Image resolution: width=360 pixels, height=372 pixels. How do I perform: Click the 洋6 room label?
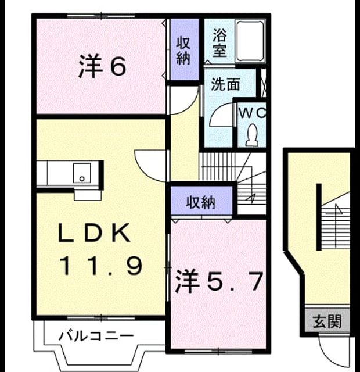(102, 66)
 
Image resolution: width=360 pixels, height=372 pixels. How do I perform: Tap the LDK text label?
(95, 233)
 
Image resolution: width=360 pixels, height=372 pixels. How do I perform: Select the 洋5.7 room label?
(219, 281)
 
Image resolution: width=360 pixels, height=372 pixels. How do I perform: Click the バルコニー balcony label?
(96, 336)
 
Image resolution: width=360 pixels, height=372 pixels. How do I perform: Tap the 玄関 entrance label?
(327, 321)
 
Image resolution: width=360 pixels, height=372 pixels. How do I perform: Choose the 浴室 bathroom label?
(219, 42)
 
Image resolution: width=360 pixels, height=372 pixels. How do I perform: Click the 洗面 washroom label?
(225, 84)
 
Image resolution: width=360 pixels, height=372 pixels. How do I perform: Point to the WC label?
(252, 113)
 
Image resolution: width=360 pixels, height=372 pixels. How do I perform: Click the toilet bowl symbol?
(252, 135)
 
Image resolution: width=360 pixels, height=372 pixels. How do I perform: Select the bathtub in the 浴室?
(250, 41)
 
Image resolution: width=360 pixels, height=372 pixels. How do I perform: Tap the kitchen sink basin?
(82, 173)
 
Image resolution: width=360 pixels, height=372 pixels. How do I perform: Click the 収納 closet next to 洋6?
(185, 49)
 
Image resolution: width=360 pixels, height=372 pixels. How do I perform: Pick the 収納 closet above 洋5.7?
(201, 201)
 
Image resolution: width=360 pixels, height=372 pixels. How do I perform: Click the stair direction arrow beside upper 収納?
(250, 198)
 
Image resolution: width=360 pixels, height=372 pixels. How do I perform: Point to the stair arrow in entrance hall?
(337, 209)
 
